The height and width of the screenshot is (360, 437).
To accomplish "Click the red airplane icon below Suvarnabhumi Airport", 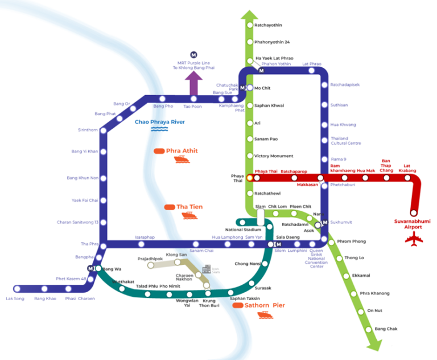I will point(414,239).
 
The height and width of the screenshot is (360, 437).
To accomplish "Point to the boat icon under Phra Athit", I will point(179,160).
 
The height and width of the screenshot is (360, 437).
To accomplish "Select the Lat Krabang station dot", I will point(407,178).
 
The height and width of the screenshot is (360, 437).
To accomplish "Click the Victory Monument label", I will point(274,156).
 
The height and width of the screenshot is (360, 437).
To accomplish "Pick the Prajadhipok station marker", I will point(151,265).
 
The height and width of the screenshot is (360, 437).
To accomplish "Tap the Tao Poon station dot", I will point(193,99).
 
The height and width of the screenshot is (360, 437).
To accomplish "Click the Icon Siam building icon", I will point(207,269).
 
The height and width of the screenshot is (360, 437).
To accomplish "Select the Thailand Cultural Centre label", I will point(345,141).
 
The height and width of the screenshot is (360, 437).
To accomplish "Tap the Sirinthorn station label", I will point(88,130).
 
